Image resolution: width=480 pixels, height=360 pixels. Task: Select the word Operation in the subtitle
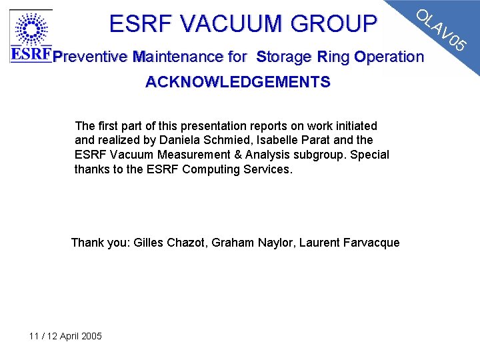point(389,57)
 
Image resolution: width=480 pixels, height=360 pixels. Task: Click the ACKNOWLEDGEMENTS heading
point(238,82)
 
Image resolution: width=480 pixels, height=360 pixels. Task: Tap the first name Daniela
point(177,140)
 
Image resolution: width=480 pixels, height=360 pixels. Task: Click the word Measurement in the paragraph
point(197,155)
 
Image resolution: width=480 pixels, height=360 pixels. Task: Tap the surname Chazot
point(185,243)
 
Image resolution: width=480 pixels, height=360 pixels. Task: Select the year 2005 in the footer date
point(91,336)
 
